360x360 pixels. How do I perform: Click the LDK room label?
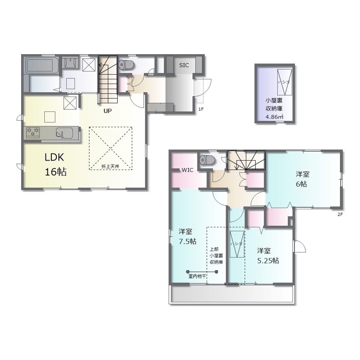tap(54, 157)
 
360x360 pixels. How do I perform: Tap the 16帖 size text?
tap(56, 172)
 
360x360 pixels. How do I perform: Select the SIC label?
tap(184, 65)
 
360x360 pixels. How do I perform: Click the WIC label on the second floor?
tap(188, 170)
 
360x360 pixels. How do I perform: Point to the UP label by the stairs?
tap(108, 111)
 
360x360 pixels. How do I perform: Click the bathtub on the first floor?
tap(42, 66)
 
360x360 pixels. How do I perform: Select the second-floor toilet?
tap(207, 159)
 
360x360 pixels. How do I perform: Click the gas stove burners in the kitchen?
tap(33, 133)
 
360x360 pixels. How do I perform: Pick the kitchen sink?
tap(64, 133)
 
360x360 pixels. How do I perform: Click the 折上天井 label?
tap(110, 166)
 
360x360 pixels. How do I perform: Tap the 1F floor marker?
tap(201, 109)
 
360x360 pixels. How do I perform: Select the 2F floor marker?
tap(340, 215)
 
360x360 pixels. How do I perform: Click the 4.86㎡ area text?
tap(274, 117)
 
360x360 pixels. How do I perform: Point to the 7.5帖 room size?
tap(188, 241)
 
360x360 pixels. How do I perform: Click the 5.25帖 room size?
tap(268, 261)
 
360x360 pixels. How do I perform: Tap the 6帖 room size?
tap(301, 184)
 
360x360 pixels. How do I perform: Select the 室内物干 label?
tap(197, 276)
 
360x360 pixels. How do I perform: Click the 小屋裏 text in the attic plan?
tap(274, 101)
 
